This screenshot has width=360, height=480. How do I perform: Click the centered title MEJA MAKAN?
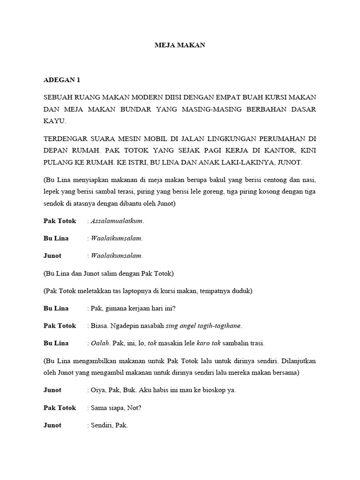click(x=180, y=45)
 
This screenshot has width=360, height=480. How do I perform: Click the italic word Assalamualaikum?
click(x=117, y=221)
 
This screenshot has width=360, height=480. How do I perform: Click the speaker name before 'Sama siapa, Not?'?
click(x=60, y=408)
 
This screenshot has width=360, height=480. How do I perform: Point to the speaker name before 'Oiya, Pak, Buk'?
click(x=52, y=390)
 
